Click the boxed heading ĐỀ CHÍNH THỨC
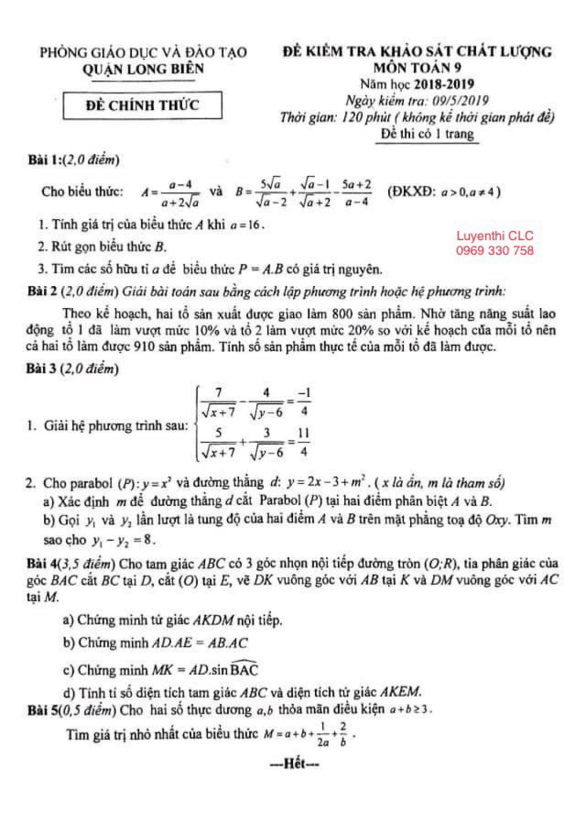point(142,106)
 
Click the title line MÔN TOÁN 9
point(417,67)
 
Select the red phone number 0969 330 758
point(495,251)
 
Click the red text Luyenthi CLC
point(495,236)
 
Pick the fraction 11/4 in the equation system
point(303,442)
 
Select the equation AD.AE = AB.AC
point(200,643)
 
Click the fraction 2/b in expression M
point(343,735)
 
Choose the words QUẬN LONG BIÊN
point(143,69)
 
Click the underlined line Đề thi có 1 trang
point(427,134)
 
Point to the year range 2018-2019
point(444,84)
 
